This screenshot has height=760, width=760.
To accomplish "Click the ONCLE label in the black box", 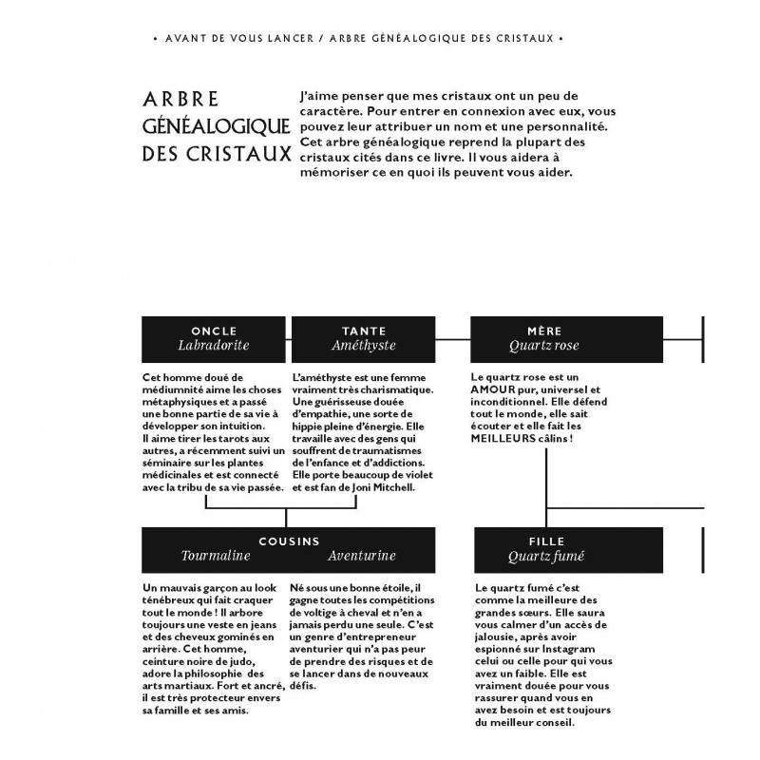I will tap(216, 331).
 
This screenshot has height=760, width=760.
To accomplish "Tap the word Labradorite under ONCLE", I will tap(216, 346).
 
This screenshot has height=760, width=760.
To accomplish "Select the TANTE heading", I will tap(364, 331).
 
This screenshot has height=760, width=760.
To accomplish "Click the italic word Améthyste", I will tap(364, 346).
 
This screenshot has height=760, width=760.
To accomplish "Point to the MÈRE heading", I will tap(543, 331).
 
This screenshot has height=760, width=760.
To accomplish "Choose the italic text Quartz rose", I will tap(543, 346).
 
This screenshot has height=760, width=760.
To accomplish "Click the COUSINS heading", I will tap(289, 540).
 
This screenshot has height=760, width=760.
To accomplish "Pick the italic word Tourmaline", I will tap(216, 555).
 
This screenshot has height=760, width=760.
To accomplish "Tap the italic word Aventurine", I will tap(361, 555).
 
